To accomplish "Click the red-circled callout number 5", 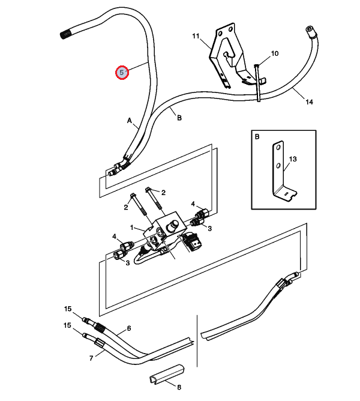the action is pos(122,73).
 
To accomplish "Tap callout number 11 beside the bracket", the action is pos(196,36).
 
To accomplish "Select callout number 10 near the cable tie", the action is pos(275,53).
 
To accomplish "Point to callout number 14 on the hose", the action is pos(309,102).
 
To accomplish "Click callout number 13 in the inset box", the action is pos(293,159).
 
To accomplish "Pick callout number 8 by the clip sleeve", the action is pos(179,387).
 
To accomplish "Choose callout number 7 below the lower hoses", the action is pos(91,358).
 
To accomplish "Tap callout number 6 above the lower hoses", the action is pos(129,328).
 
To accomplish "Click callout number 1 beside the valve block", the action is pos(132,228).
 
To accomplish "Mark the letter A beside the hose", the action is pos(130,121).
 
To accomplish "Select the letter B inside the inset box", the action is pos(257,136).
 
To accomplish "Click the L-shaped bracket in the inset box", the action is pos(284,171).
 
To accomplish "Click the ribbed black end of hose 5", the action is pos(65,34).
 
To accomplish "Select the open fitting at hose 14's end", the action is pos(310,30).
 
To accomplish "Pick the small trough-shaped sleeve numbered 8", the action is pos(167,373).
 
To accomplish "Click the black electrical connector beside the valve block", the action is pos(194,242).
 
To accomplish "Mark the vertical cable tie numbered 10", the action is pos(258,83).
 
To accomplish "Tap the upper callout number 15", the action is pos(68,309).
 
